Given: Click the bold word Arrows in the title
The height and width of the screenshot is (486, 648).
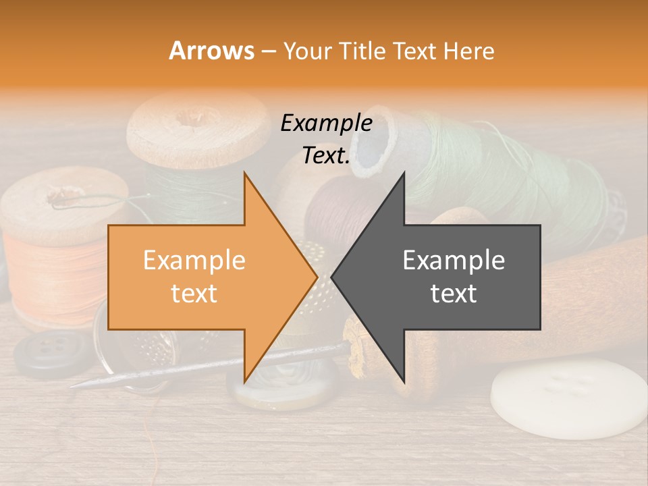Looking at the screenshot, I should click(212, 51).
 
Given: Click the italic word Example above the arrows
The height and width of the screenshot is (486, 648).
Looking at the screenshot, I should click(326, 124).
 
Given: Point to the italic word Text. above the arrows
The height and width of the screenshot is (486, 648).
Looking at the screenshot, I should click(326, 155).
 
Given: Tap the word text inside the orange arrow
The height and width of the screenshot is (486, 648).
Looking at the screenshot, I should click(194, 294).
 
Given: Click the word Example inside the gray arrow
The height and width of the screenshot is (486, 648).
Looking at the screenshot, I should click(454, 260).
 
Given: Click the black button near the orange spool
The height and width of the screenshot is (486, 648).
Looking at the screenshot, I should click(47, 352).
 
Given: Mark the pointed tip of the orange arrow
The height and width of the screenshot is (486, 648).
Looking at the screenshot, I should click(317, 277).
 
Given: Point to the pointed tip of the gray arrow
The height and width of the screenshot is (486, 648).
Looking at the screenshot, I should click(332, 277).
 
